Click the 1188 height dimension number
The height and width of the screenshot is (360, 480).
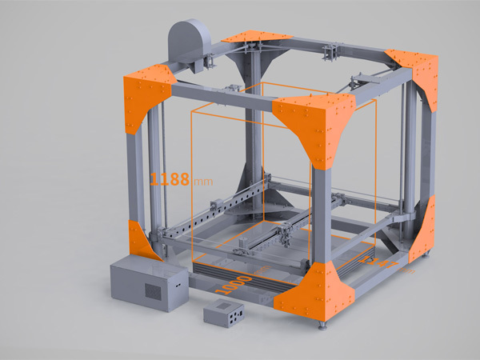point(169,178)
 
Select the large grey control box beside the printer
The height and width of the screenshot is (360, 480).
point(146,282)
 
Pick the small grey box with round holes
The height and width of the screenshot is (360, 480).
point(224,314)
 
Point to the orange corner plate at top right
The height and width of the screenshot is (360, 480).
point(418,77)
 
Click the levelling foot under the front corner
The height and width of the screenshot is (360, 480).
point(323,326)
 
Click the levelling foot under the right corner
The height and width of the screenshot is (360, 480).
point(423,257)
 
